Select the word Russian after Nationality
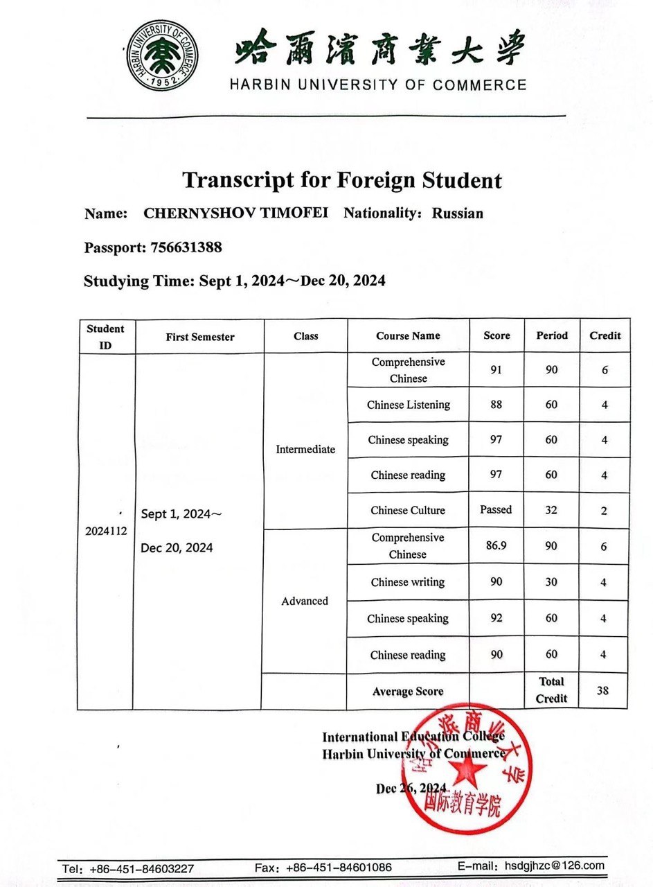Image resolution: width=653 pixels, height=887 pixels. tap(458, 213)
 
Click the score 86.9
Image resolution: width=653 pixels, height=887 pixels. tap(496, 545)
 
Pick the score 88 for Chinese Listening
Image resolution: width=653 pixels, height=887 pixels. tap(496, 405)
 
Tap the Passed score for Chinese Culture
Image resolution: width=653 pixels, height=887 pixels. tap(496, 510)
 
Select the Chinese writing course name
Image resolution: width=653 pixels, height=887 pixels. tap(408, 582)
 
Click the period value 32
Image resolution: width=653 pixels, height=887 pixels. tap(551, 510)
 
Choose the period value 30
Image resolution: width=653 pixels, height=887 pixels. tap(551, 582)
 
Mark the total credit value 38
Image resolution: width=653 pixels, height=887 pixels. tap(604, 690)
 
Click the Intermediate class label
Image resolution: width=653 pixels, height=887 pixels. tap(305, 449)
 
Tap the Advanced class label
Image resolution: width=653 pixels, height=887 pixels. tap(305, 601)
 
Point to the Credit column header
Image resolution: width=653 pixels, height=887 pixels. tap(605, 335)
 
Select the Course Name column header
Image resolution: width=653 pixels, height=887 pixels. tap(408, 335)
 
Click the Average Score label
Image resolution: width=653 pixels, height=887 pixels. tap(408, 691)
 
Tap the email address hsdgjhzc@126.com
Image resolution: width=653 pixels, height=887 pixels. tap(554, 866)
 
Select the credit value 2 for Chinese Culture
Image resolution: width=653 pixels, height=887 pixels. tap(604, 511)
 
